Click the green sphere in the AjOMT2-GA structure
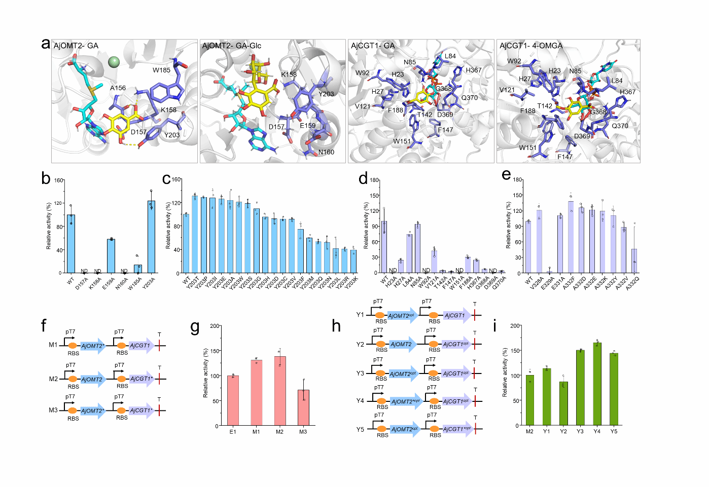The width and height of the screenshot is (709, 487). click(114, 62)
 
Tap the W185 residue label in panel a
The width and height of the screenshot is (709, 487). click(161, 70)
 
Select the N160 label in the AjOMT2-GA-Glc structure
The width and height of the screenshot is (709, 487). click(326, 152)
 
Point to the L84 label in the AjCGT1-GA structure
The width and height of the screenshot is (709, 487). click(450, 56)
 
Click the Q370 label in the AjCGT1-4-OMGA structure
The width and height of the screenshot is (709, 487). click(620, 126)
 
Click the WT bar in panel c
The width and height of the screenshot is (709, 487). click(186, 244)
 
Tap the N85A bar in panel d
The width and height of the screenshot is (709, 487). click(417, 248)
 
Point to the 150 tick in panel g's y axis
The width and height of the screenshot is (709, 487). click(215, 351)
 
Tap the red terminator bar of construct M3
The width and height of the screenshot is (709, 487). click(159, 410)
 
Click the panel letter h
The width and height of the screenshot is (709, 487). click(336, 326)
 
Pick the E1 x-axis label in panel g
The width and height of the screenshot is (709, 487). click(233, 432)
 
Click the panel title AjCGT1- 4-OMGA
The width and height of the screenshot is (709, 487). click(531, 46)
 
